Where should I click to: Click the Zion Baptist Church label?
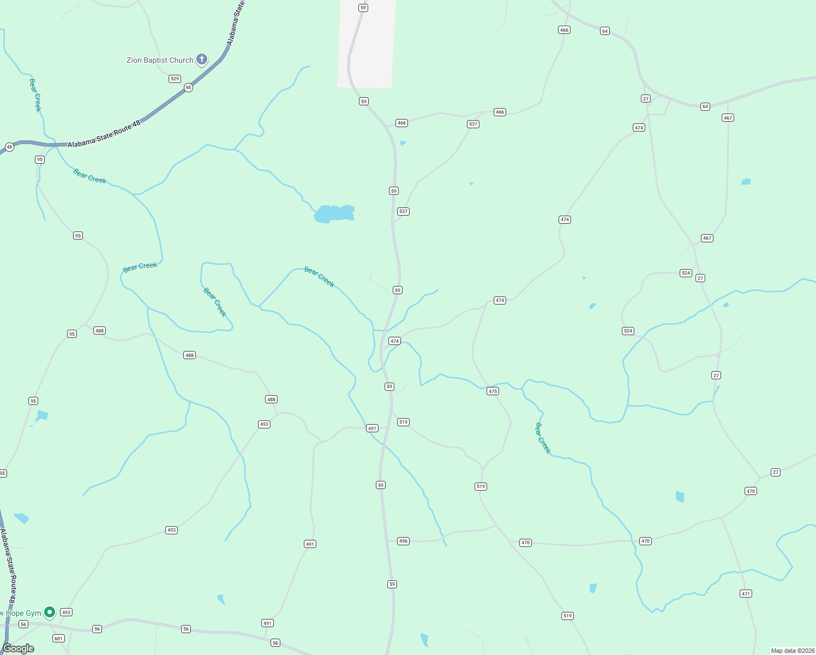pos(160,60)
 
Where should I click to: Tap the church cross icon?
pos(202,59)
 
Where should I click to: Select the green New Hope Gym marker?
pos(50,612)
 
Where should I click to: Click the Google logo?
pos(19,648)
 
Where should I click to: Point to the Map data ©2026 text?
pos(791,651)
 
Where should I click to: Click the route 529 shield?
pos(175,79)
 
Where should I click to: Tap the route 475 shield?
pos(493,391)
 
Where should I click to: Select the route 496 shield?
pos(403,541)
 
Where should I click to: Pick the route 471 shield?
pos(746,593)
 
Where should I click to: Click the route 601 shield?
pos(58,638)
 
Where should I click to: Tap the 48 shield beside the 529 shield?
pos(188,87)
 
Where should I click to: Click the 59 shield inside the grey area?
pos(363,8)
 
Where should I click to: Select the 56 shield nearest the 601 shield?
pos(23,624)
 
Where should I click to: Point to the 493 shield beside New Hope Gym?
pos(67,612)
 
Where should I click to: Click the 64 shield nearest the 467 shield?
pos(705,106)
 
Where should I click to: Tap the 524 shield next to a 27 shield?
pos(686,273)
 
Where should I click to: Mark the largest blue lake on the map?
pos(334,213)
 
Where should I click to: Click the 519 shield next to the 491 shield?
pos(403,422)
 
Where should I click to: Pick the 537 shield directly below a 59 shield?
pos(403,211)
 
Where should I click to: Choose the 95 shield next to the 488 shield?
pos(72,334)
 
